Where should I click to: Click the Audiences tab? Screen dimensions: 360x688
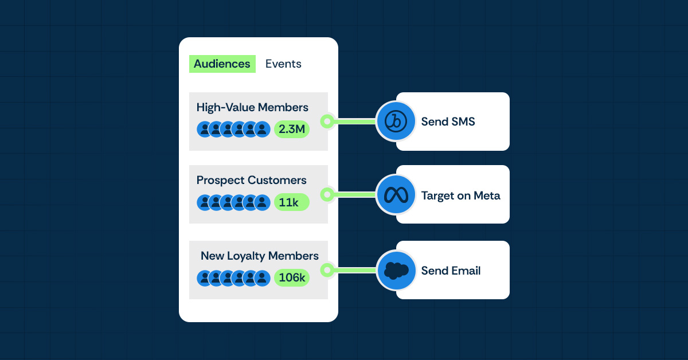222,64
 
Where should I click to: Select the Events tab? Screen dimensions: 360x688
283,64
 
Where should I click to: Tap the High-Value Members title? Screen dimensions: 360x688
252,107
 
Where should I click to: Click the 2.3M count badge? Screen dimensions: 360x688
291,129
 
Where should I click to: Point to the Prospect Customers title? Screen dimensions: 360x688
251,180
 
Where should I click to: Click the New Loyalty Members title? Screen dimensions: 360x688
259,256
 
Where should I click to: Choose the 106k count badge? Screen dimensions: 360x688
291,278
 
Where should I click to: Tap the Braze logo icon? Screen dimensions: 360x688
396,121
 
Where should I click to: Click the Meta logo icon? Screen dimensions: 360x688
396,195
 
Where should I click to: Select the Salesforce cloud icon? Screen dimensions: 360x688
396,270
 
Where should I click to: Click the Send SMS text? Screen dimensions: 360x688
448,122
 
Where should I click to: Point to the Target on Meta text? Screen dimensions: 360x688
460,195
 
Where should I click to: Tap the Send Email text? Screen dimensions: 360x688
451,271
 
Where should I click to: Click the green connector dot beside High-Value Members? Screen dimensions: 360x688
327,121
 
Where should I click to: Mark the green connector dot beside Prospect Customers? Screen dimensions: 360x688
327,195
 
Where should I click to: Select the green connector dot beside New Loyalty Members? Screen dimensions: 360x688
327,270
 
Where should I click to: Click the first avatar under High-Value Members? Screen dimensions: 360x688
205,129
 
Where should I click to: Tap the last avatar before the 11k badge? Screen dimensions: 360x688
262,202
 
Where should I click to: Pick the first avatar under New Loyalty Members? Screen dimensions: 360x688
205,278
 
